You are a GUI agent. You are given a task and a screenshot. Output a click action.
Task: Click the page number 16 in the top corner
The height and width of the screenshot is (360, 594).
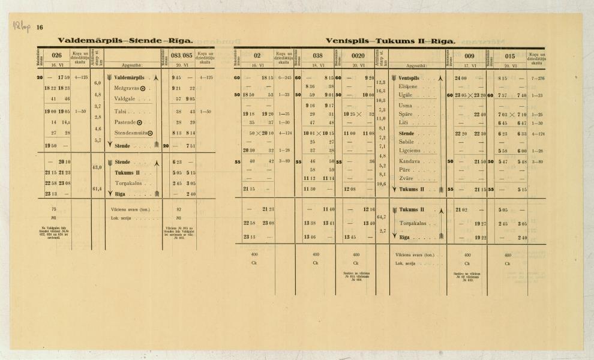click(40, 28)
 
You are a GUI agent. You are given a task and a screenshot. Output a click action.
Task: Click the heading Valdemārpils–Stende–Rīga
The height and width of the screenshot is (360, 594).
click(125, 41)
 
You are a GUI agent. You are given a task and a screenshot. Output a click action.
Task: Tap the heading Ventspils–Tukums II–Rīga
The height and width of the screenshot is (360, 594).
click(391, 41)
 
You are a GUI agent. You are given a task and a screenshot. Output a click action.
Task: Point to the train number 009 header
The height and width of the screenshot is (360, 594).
click(470, 55)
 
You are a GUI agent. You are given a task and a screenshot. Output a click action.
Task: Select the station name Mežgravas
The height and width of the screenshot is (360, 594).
click(127, 88)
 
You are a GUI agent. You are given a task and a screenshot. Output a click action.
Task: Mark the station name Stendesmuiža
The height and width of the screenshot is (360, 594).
click(132, 133)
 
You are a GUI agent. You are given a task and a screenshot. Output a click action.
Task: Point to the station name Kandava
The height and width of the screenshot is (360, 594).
click(410, 162)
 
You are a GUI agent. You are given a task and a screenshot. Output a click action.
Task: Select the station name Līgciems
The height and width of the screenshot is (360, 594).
click(410, 151)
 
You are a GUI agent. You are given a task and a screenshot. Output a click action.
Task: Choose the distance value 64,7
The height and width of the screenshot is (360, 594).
click(380, 217)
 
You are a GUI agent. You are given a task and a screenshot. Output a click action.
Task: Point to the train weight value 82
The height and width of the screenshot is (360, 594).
click(179, 209)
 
